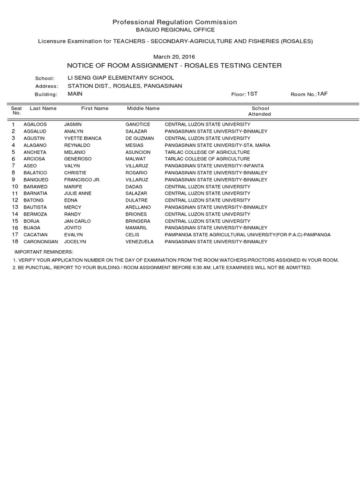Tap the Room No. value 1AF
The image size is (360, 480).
click(x=322, y=94)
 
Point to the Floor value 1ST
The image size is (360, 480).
click(x=252, y=94)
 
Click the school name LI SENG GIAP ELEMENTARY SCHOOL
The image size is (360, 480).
click(x=120, y=78)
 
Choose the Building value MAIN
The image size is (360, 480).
click(x=75, y=94)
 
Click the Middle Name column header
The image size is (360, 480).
click(x=143, y=108)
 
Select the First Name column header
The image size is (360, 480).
click(x=94, y=108)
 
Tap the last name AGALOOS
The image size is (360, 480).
click(x=35, y=125)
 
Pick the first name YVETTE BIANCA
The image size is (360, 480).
click(x=82, y=139)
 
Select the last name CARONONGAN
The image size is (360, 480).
click(x=40, y=242)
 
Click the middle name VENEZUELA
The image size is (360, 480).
click(x=140, y=242)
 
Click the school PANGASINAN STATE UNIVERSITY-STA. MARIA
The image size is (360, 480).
click(x=217, y=146)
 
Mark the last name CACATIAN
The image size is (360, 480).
click(x=35, y=235)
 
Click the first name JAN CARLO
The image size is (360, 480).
click(x=77, y=221)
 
